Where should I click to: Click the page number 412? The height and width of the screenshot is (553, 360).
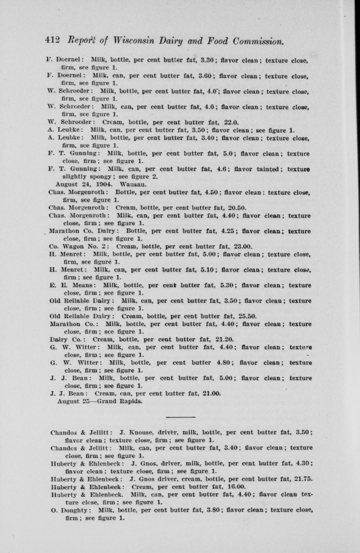52,41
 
